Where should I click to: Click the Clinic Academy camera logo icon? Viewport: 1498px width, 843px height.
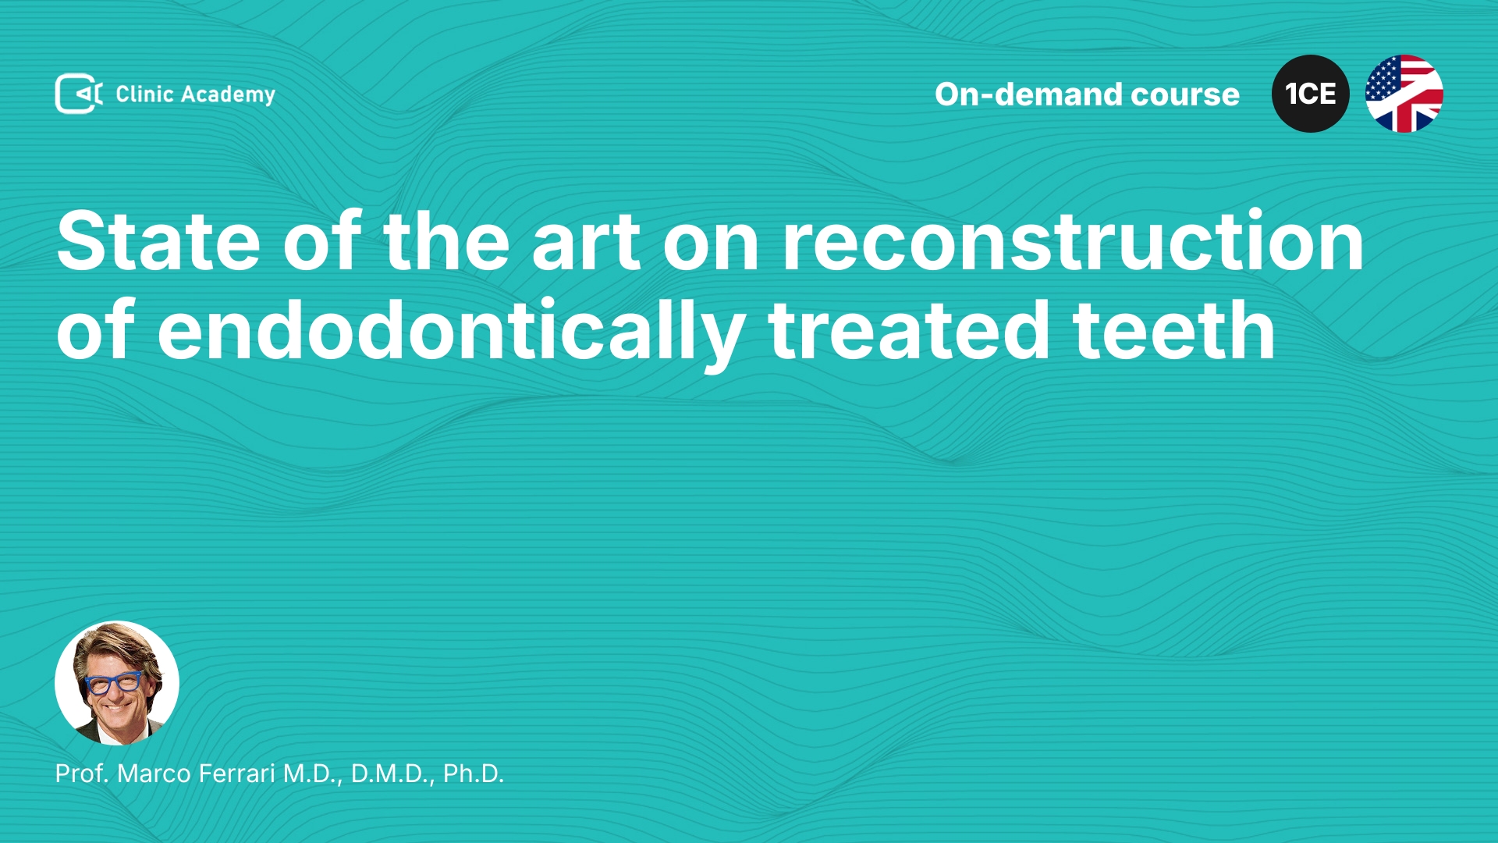point(79,94)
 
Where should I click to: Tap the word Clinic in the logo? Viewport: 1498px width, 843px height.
point(144,94)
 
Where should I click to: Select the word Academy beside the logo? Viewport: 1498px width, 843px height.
point(228,95)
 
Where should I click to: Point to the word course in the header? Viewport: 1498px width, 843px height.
point(1185,95)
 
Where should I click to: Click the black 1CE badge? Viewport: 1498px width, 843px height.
point(1311,94)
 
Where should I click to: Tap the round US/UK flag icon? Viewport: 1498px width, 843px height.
point(1404,94)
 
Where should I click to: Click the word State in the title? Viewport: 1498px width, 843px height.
point(158,241)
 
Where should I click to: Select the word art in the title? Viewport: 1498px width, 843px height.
point(586,243)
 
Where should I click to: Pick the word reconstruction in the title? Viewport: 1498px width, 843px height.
point(1073,241)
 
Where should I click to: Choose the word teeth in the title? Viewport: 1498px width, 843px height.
point(1174,330)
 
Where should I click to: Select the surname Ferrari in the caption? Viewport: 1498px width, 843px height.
point(237,774)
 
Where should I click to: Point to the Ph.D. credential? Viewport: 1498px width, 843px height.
point(474,774)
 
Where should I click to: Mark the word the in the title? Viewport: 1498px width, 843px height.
point(446,241)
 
